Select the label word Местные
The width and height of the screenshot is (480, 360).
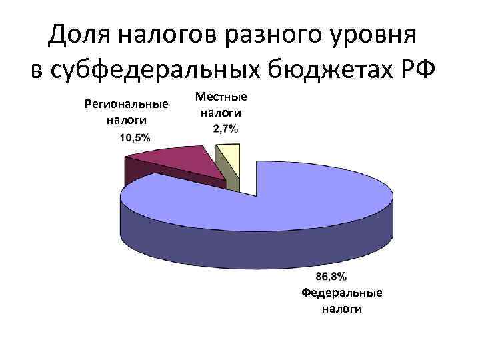(221, 97)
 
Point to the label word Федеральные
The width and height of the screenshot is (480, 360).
(342, 293)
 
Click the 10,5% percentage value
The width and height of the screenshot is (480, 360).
(135, 138)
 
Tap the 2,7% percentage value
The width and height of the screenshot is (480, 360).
(225, 129)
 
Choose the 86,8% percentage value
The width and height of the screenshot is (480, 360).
(331, 276)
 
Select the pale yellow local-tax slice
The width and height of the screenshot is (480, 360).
(229, 157)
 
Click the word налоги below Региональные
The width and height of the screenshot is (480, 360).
(127, 120)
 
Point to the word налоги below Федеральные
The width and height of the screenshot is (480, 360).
(342, 309)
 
